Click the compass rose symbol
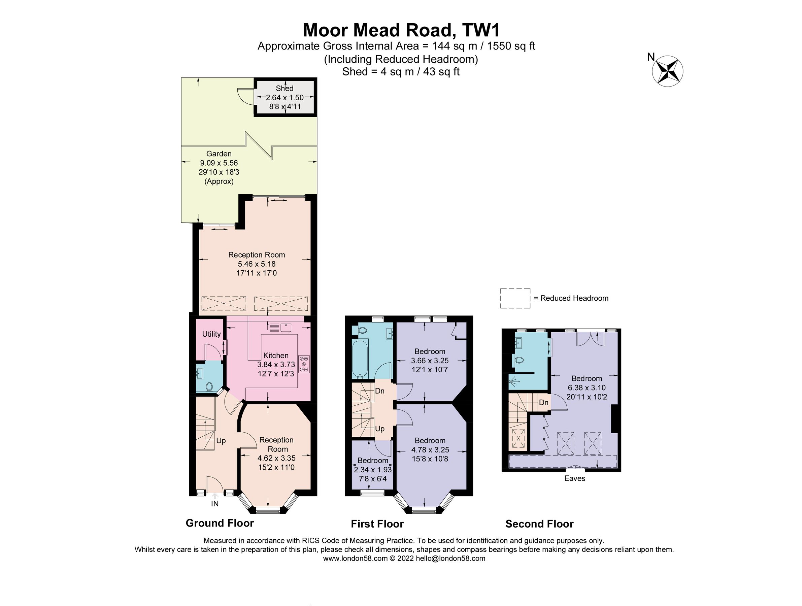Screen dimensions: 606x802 click(667, 71)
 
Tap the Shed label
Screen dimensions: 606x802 click(284, 88)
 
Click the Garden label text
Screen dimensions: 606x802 click(219, 154)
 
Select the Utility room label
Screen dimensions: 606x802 click(211, 334)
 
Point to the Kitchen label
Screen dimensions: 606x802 click(275, 356)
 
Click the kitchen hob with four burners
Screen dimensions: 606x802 click(303, 364)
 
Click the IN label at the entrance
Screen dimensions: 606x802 click(214, 504)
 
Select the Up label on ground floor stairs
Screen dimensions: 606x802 click(221, 440)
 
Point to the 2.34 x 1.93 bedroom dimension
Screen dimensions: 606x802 click(373, 469)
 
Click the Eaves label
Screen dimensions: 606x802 click(574, 478)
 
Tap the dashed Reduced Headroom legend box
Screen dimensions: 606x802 click(515, 298)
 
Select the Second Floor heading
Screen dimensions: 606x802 click(539, 524)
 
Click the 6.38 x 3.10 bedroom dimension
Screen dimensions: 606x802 click(586, 388)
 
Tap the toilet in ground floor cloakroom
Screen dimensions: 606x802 click(209, 387)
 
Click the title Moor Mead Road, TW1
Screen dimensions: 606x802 click(401, 30)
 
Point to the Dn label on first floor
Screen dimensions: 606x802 click(379, 391)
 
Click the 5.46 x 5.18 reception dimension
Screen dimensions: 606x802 click(256, 264)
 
